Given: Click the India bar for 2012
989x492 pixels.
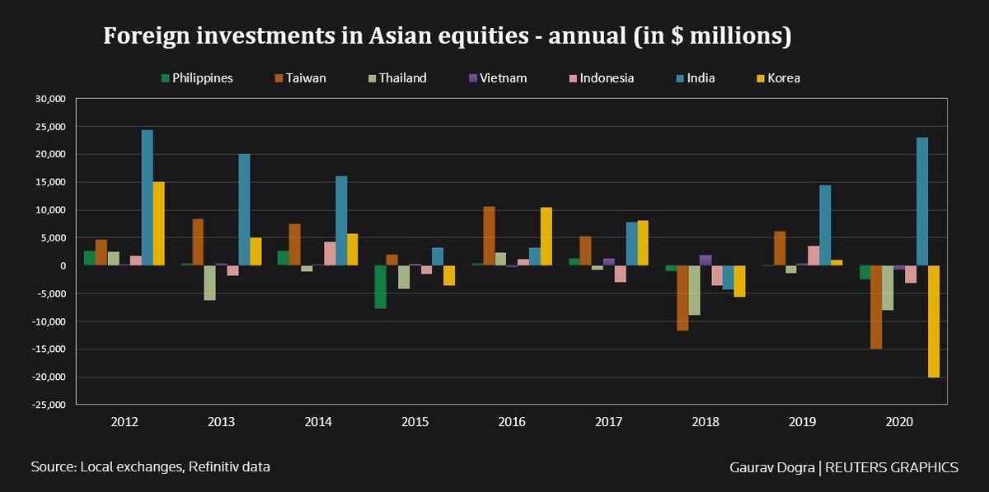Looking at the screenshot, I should [148, 198].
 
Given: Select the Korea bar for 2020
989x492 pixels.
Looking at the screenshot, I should [933, 321].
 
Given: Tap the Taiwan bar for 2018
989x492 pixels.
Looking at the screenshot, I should [682, 298].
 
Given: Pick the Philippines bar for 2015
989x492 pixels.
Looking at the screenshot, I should [380, 287].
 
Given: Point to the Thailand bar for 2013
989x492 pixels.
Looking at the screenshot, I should [210, 283].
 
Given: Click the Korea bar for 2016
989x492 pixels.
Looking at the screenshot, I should [546, 237].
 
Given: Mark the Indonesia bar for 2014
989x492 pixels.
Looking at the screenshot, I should [330, 254].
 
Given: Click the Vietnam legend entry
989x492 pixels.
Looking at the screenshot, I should [497, 78].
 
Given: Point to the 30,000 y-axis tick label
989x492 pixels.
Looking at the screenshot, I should [48, 99].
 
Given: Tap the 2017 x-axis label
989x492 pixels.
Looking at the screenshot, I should [608, 422].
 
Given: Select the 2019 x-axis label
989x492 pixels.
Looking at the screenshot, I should [802, 422].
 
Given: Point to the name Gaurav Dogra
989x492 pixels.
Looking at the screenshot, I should [771, 467].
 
